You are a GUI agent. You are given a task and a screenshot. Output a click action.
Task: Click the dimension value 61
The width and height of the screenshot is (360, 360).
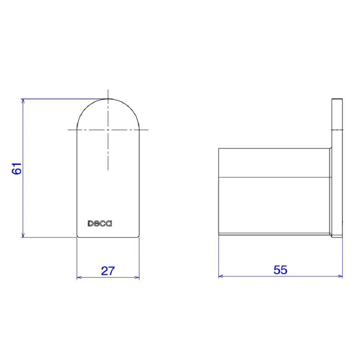click(x=17, y=168)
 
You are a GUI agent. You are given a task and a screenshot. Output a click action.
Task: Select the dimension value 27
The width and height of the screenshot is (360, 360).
click(x=108, y=270)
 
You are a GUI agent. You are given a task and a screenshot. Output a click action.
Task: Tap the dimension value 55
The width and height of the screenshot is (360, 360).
click(x=280, y=270)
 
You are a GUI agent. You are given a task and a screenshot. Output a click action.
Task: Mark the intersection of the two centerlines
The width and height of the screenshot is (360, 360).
click(x=108, y=129)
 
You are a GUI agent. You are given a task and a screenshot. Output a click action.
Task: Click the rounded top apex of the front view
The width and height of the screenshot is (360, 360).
click(x=108, y=99)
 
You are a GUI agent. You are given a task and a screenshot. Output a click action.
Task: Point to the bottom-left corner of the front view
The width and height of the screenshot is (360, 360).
click(x=77, y=237)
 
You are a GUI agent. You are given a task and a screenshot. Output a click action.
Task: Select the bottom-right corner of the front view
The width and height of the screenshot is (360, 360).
click(x=139, y=237)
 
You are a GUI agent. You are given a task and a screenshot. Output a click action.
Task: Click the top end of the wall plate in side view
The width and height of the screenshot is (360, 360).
click(x=337, y=98)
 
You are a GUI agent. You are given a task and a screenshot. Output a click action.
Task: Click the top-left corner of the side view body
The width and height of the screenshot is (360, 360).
click(x=219, y=148)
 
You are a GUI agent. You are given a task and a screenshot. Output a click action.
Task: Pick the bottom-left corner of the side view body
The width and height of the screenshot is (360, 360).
click(x=219, y=235)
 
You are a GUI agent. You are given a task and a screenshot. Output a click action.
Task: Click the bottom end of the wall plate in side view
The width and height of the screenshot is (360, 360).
click(x=337, y=237)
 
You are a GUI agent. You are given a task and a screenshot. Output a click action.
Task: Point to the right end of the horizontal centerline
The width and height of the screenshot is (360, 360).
click(x=148, y=129)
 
